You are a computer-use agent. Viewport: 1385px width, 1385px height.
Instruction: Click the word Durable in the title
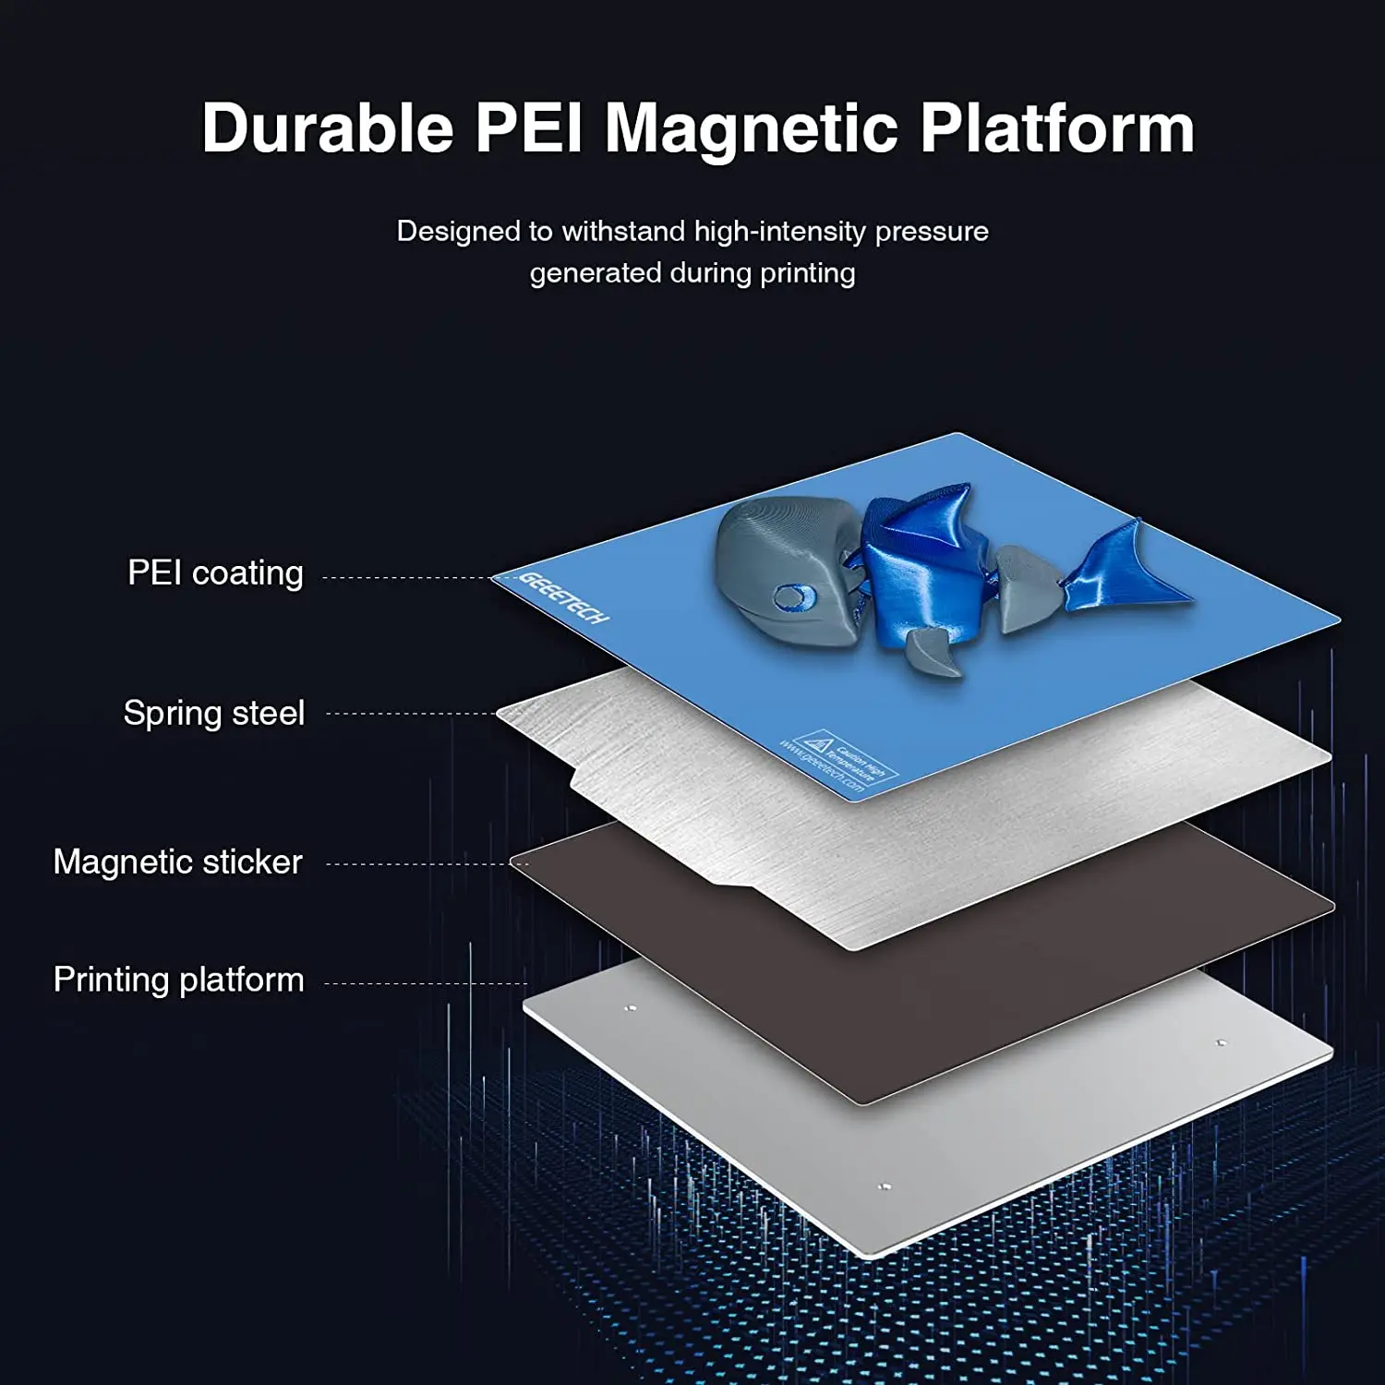tap(328, 127)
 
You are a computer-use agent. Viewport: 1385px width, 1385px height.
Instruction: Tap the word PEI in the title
tap(529, 127)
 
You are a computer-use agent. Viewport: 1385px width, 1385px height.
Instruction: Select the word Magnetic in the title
tap(751, 129)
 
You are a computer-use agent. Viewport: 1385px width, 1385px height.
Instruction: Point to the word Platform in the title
tap(1057, 127)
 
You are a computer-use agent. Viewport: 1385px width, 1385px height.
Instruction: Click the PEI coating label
tap(215, 572)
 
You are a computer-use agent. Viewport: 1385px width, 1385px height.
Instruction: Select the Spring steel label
tap(213, 713)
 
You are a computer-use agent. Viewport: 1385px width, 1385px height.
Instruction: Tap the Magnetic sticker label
tap(177, 861)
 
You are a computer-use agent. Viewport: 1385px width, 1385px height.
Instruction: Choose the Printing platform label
tap(178, 979)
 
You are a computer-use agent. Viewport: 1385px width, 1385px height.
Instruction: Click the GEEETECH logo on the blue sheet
tap(564, 597)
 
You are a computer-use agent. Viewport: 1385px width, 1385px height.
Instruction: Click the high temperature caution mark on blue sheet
tap(816, 743)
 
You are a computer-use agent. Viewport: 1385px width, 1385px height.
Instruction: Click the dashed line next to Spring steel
tap(411, 714)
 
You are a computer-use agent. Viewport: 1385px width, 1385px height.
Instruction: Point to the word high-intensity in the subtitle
tap(780, 231)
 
